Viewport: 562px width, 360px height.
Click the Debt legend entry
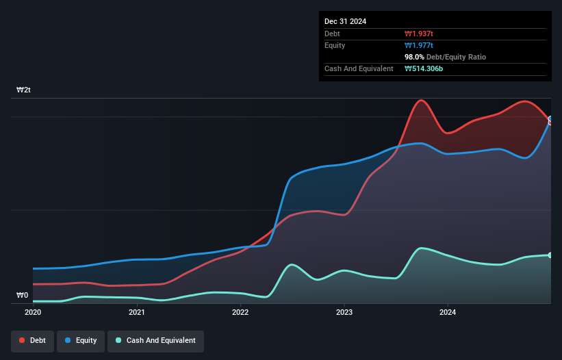pyautogui.click(x=32, y=340)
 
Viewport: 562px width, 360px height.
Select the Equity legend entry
pyautogui.click(x=81, y=340)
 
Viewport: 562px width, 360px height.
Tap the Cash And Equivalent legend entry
pyautogui.click(x=155, y=340)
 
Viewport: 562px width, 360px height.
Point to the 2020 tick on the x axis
pyautogui.click(x=33, y=312)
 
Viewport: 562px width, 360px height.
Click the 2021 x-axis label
pyautogui.click(x=137, y=312)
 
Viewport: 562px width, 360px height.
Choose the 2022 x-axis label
pyautogui.click(x=240, y=312)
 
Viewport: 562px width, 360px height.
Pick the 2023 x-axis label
pyautogui.click(x=344, y=312)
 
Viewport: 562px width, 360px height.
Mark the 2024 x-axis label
pyautogui.click(x=448, y=312)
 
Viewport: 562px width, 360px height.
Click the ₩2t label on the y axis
pyautogui.click(x=24, y=90)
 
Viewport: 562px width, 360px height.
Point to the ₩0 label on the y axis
pyautogui.click(x=23, y=296)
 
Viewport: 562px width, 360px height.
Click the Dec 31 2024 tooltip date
pyautogui.click(x=345, y=21)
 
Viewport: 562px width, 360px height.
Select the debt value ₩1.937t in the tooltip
pyautogui.click(x=418, y=34)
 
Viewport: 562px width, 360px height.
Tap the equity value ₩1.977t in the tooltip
pyautogui.click(x=418, y=45)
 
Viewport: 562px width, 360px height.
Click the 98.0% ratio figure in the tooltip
pyautogui.click(x=415, y=57)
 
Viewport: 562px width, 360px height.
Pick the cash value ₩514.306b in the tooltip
pyautogui.click(x=424, y=68)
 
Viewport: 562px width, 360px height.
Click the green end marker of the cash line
pyautogui.click(x=550, y=255)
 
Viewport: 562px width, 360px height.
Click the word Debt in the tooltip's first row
pyautogui.click(x=332, y=34)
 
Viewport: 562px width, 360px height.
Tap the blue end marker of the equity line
pyautogui.click(x=550, y=119)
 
